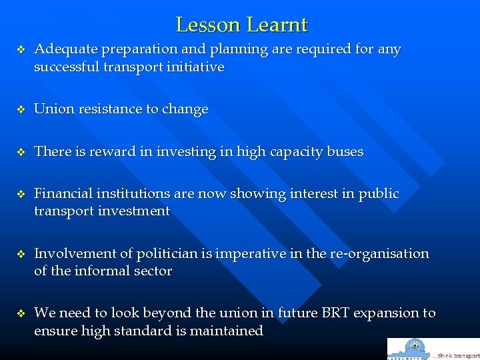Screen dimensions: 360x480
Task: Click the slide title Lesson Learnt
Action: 241,25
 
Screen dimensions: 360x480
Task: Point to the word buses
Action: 345,152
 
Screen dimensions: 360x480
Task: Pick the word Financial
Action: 62,194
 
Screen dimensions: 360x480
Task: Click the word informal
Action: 97,271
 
